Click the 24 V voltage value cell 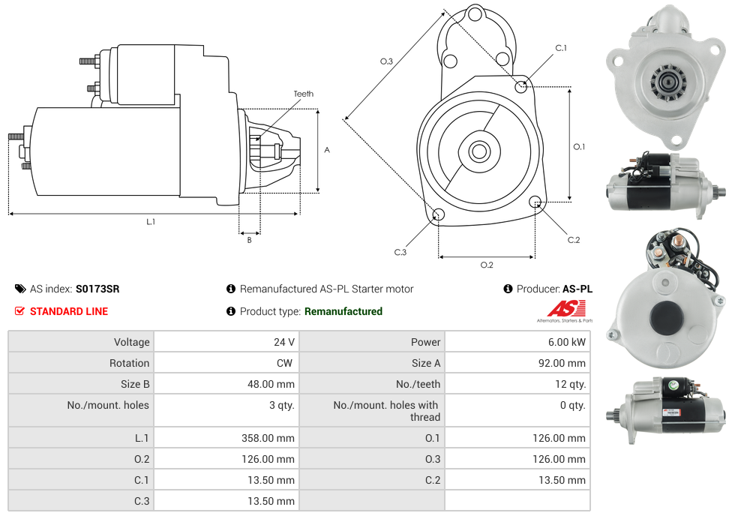point(283,342)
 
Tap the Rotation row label point(129,363)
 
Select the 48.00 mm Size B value point(271,384)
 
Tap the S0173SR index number point(97,289)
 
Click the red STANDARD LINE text point(68,311)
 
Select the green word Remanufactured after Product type point(343,311)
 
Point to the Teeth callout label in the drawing point(303,94)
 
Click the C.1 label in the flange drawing point(560,48)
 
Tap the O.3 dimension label point(386,61)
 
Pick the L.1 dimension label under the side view point(151,221)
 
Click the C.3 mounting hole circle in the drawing point(439,216)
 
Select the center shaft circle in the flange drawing point(478,151)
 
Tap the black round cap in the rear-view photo point(667,318)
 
